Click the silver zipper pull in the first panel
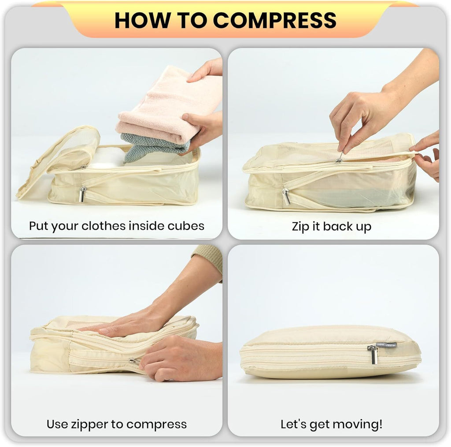pos(82,194)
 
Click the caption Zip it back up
pos(331,226)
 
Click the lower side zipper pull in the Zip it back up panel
pos(286,196)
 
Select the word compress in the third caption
pos(160,425)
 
